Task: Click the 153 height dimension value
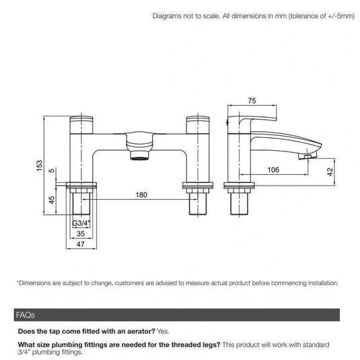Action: tap(39, 164)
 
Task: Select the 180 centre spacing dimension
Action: tap(141, 195)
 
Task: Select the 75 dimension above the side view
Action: tap(252, 101)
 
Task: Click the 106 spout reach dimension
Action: tap(273, 170)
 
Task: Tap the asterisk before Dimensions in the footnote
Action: tap(18, 283)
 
